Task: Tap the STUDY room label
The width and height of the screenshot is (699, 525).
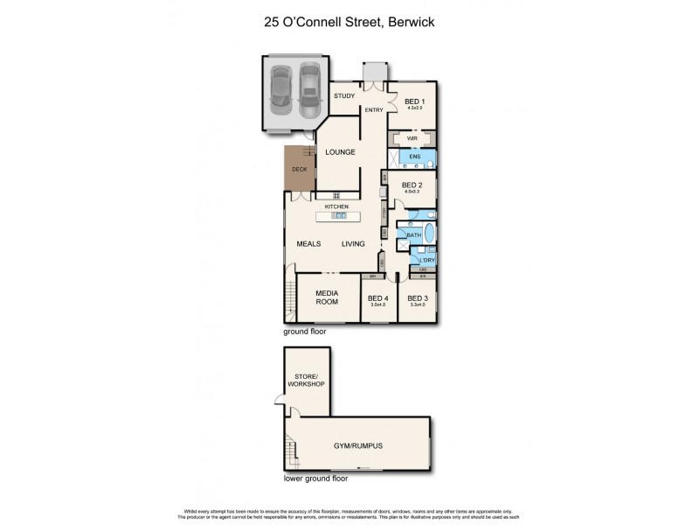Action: [x=343, y=96]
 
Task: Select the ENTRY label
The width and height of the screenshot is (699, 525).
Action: [x=374, y=109]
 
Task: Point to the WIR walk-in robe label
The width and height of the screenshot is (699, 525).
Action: [x=411, y=138]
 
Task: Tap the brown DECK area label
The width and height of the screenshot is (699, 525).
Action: [x=299, y=170]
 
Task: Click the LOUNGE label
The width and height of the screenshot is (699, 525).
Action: [x=340, y=152]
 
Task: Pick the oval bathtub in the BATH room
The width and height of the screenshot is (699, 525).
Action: [x=428, y=235]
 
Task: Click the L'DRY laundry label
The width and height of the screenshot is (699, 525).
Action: [x=427, y=261]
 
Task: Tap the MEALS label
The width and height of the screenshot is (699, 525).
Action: [x=308, y=244]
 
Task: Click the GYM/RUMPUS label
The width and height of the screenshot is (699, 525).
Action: [x=357, y=444]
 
